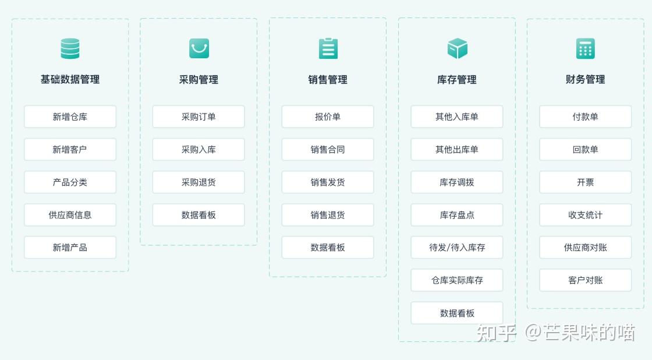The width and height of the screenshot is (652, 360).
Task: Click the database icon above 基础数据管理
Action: tap(70, 48)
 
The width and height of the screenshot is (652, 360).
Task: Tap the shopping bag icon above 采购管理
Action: tap(199, 48)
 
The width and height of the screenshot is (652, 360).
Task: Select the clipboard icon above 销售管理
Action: tap(328, 48)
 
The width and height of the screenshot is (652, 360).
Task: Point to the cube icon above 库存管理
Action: tap(457, 48)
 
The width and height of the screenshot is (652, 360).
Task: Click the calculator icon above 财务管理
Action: tap(586, 48)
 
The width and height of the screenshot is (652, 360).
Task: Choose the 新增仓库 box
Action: tap(70, 117)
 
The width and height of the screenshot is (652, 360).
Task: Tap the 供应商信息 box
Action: tap(70, 215)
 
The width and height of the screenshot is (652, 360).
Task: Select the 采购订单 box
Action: tap(199, 117)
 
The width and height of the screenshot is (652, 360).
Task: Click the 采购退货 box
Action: tap(199, 182)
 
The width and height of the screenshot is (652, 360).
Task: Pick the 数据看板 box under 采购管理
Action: tap(199, 215)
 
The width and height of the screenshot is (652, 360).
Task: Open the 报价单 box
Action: tap(328, 117)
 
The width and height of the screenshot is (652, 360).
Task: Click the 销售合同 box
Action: tap(328, 150)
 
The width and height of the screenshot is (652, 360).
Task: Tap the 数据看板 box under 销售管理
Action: tap(328, 248)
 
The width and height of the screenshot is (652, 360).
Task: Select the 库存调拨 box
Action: tap(457, 182)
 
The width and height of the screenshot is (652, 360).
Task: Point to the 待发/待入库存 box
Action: tap(457, 248)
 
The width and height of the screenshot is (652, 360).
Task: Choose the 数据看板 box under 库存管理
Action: tap(457, 313)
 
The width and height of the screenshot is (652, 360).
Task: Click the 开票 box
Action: tap(586, 182)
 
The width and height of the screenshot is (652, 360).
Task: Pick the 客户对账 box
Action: tap(586, 280)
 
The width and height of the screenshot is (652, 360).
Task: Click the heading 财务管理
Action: tap(586, 80)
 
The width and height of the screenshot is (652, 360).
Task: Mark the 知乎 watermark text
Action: tap(497, 333)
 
